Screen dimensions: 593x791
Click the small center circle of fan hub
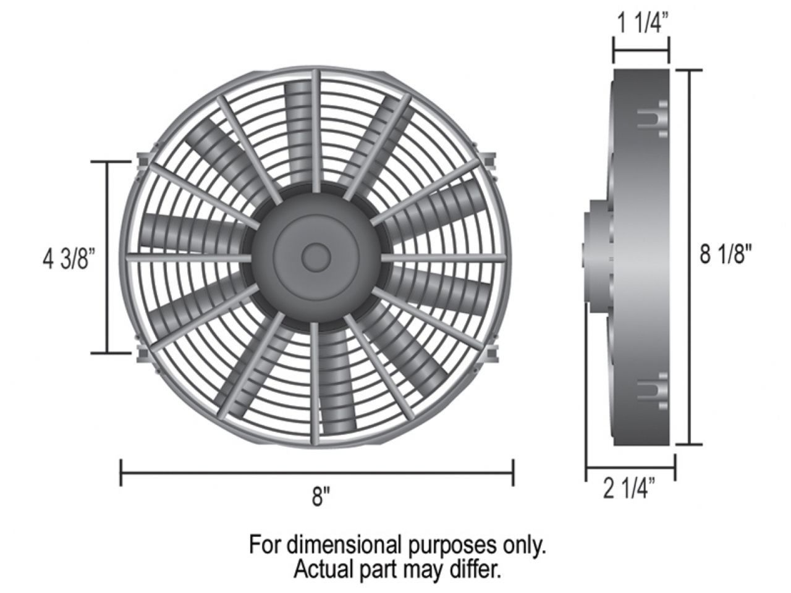316,255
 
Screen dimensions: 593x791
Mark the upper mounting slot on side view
651,118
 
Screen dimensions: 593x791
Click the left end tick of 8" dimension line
121,473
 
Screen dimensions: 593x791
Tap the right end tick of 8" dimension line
512,473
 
